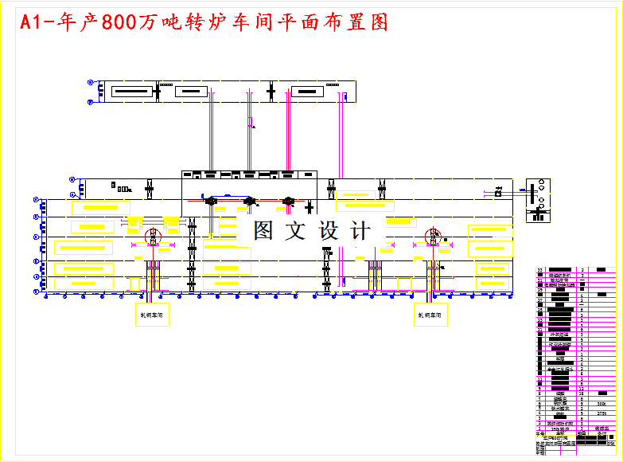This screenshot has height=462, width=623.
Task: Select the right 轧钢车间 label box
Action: (430, 315)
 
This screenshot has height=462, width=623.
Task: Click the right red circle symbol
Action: (434, 236)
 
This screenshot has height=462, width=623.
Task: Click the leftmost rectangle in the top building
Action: (131, 92)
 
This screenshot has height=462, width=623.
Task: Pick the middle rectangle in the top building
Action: (189, 92)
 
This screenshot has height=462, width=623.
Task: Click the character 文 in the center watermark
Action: (296, 231)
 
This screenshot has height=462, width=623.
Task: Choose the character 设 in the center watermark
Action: (329, 231)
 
